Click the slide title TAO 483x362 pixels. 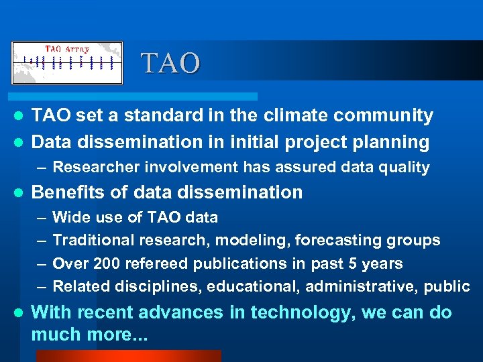click(x=170, y=64)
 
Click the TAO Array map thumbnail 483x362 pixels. click(x=67, y=63)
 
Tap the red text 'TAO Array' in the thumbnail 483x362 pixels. click(x=67, y=49)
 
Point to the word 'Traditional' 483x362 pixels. click(x=91, y=240)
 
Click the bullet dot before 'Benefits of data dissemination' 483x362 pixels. click(x=19, y=193)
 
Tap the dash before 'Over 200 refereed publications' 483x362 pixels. click(x=41, y=263)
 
